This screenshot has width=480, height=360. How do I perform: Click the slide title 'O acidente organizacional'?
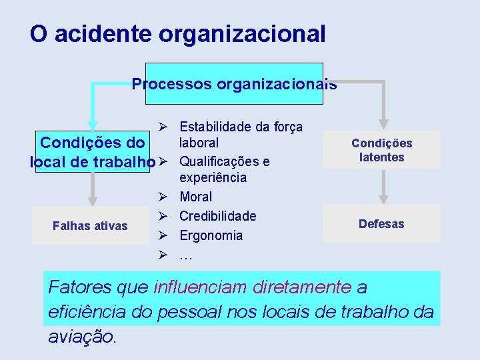click(177, 34)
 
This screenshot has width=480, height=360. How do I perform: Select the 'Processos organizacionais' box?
click(234, 85)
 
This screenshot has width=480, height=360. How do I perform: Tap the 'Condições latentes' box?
click(381, 150)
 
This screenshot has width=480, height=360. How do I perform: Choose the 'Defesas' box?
click(381, 224)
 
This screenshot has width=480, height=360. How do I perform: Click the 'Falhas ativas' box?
click(90, 226)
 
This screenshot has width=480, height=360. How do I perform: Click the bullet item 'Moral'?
click(195, 197)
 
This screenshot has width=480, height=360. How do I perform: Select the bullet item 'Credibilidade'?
click(217, 216)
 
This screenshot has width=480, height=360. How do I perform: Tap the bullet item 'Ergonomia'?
click(211, 235)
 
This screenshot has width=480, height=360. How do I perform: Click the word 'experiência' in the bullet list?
click(213, 178)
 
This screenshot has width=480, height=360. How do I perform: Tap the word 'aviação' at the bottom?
click(81, 337)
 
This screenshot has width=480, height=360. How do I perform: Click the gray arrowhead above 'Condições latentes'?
click(384, 123)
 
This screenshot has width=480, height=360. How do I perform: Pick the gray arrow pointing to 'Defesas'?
click(384, 196)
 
